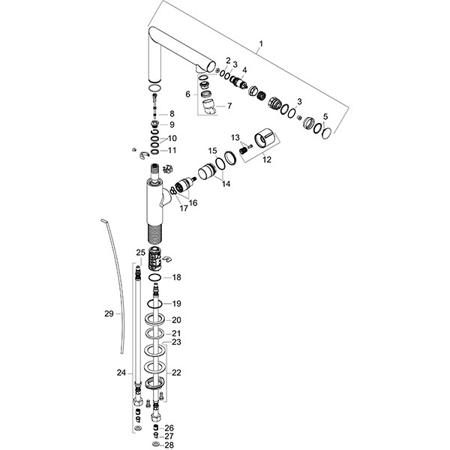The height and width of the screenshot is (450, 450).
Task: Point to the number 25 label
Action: pyautogui.click(x=140, y=252)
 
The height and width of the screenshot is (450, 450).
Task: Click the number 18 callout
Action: pyautogui.click(x=177, y=277)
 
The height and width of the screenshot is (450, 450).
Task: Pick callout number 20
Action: pyautogui.click(x=176, y=320)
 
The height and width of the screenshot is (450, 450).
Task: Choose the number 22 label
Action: pyautogui.click(x=176, y=373)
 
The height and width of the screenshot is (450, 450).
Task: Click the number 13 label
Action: pyautogui.click(x=235, y=137)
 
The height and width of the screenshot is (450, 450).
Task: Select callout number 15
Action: pyautogui.click(x=212, y=151)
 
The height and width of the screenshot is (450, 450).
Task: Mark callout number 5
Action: pyautogui.click(x=324, y=116)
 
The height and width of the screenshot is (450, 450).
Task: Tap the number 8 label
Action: pyautogui.click(x=172, y=113)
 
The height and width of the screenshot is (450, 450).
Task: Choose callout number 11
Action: pyautogui.click(x=172, y=150)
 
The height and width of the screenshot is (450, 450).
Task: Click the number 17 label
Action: pyautogui.click(x=183, y=208)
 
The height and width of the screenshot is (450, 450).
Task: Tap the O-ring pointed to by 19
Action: pyautogui.click(x=154, y=303)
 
